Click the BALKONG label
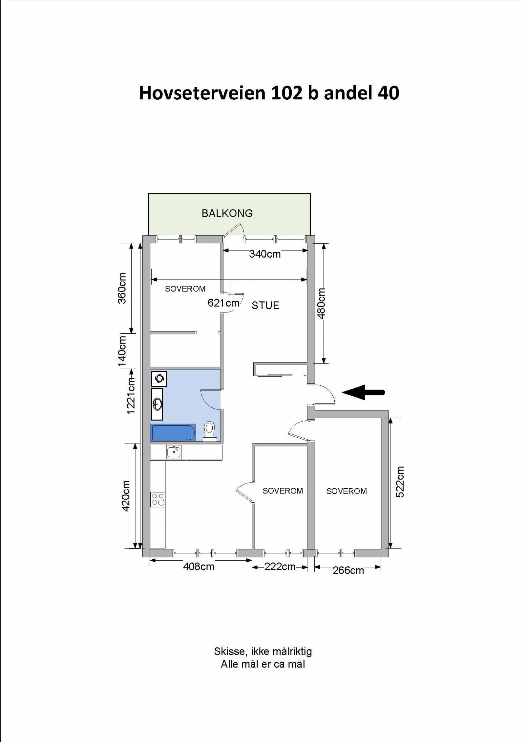[x=227, y=213]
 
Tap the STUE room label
[x=265, y=306]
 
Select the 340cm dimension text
[x=265, y=254]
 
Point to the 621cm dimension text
[x=223, y=303]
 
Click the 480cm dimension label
[x=321, y=303]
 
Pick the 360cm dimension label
[x=122, y=288]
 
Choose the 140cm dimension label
[x=122, y=351]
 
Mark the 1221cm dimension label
[x=131, y=395]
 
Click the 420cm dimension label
[x=126, y=496]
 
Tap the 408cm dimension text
[x=199, y=567]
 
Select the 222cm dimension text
[x=280, y=566]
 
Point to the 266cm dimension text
[x=348, y=570]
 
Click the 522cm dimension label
[x=400, y=482]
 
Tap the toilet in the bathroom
[x=209, y=431]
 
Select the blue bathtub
[x=173, y=432]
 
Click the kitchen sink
[x=174, y=452]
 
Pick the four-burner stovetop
[x=158, y=499]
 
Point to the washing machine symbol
[x=159, y=379]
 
